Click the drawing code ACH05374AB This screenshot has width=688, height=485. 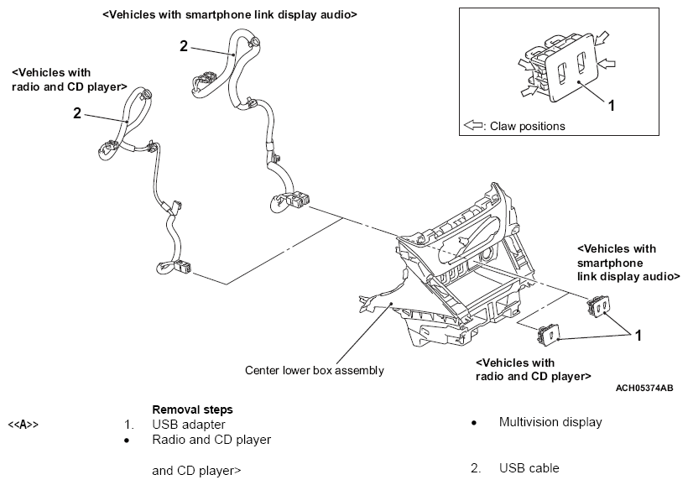click(x=644, y=388)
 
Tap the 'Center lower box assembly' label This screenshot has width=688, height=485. click(x=314, y=370)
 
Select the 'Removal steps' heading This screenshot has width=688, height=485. click(x=192, y=409)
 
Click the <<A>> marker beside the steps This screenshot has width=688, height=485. click(x=23, y=425)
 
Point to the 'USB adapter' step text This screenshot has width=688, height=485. click(x=189, y=425)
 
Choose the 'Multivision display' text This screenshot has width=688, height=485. click(x=550, y=422)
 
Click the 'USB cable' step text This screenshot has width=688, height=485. click(x=529, y=468)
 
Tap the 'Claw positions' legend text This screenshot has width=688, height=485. click(x=528, y=127)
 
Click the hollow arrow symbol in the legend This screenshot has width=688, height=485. click(x=473, y=126)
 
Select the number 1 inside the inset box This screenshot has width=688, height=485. click(x=611, y=106)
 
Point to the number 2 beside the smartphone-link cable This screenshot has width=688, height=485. click(x=184, y=46)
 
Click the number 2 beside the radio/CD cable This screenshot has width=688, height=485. click(x=77, y=113)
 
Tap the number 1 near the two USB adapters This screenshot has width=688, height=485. click(x=638, y=336)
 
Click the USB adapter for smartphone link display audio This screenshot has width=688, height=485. click(x=597, y=307)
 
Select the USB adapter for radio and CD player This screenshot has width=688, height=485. click(x=548, y=336)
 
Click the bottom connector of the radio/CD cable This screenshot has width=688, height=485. click(x=174, y=268)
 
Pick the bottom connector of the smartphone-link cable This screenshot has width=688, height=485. click(x=289, y=201)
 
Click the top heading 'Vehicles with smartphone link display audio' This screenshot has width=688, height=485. click(x=230, y=14)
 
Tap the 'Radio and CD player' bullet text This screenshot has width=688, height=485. click(x=211, y=440)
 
